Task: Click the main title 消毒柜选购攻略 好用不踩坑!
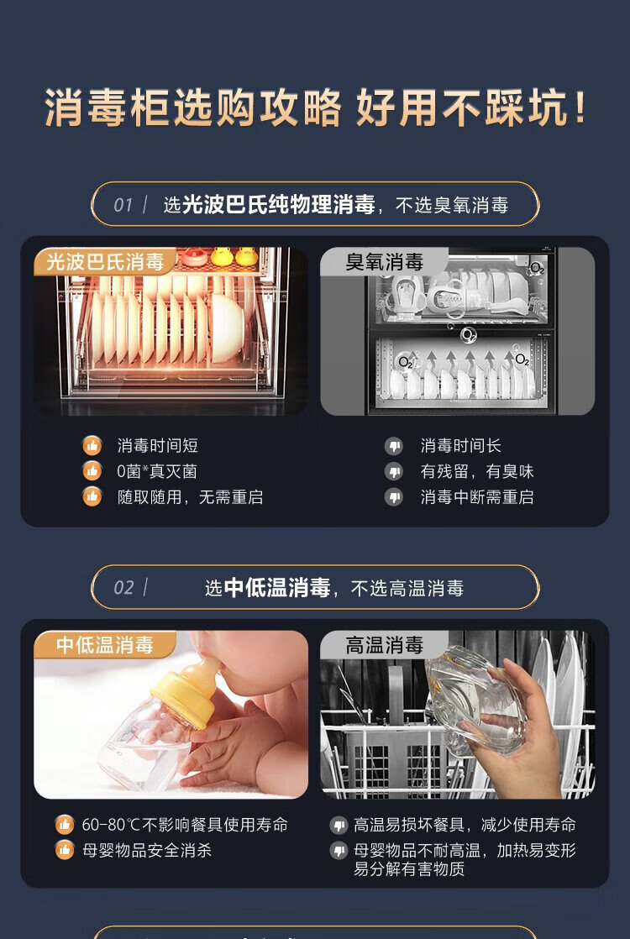point(315,108)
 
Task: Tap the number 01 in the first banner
point(123,206)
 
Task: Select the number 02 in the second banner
point(123,587)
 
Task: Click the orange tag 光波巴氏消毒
point(105,262)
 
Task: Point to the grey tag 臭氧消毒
point(385,262)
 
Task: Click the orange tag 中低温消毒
point(105,645)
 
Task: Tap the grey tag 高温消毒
point(385,645)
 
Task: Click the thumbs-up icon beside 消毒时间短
point(92,445)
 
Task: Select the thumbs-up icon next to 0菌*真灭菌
point(92,471)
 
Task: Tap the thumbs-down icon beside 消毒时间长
point(393,445)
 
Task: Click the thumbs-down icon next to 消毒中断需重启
point(393,497)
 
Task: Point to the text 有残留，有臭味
point(476,471)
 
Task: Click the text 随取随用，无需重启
point(190,497)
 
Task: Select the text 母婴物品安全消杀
point(147,850)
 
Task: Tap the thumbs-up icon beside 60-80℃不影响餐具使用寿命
point(65,825)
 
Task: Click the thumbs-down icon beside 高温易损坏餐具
point(339,826)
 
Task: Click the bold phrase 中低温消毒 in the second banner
point(277,587)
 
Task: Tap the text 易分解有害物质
point(409,869)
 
